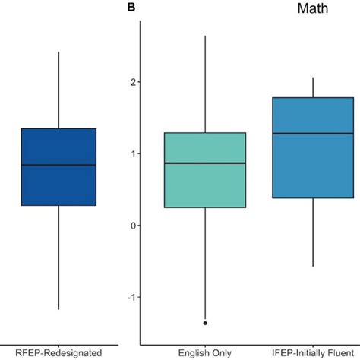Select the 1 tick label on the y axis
click(133, 153)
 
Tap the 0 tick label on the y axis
click(133, 226)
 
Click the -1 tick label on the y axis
click(131, 298)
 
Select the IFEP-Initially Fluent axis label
click(314, 352)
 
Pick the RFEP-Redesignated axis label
click(58, 352)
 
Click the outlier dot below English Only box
click(205, 323)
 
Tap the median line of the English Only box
click(205, 163)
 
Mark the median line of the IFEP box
click(314, 133)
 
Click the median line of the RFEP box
click(58, 165)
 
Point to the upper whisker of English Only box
click(205, 84)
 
